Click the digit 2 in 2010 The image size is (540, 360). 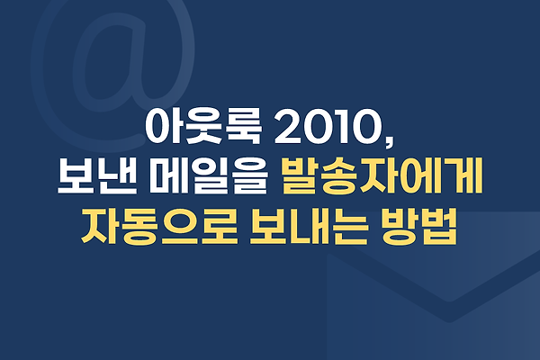click(x=288, y=127)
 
